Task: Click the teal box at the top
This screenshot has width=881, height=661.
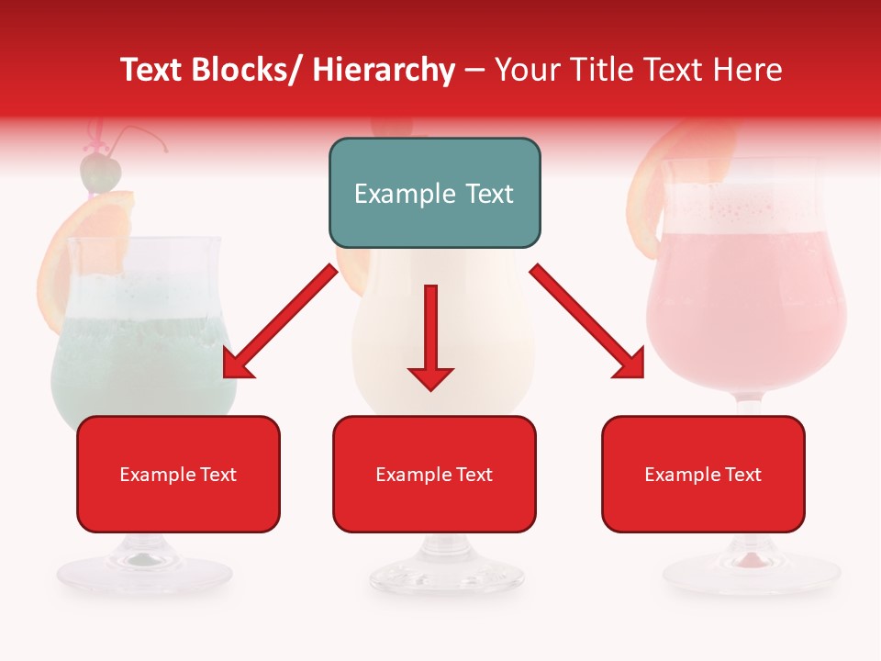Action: coord(434,193)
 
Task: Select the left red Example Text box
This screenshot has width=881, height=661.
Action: coord(178,474)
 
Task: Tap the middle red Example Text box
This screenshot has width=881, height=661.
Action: coord(434,474)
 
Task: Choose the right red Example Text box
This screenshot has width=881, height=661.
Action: coord(703,474)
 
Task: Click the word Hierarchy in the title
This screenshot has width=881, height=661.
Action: coord(384,70)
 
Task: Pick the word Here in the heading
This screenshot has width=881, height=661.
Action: coord(750,70)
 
